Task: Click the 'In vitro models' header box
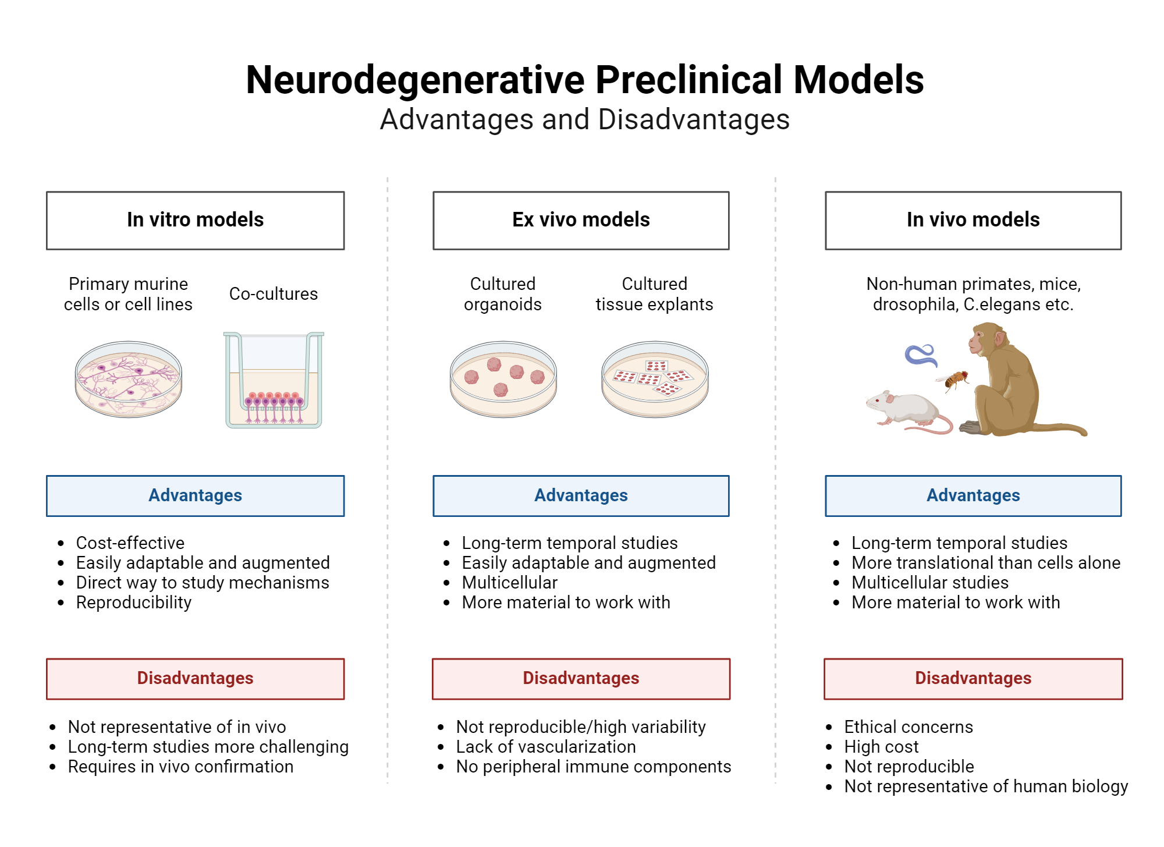(x=195, y=220)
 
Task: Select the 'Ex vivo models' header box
(x=581, y=220)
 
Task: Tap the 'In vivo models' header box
(x=973, y=220)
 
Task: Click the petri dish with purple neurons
(x=129, y=379)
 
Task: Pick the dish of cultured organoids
(x=503, y=379)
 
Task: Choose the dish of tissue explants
(x=655, y=379)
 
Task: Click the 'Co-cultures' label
(x=274, y=294)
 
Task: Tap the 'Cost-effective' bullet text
(x=130, y=543)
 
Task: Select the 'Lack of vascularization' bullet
(x=546, y=746)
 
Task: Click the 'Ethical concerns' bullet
(x=909, y=726)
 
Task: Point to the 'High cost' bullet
(x=881, y=746)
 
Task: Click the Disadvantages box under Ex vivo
(x=581, y=678)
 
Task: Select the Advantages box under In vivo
(x=973, y=495)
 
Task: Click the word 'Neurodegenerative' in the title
(x=415, y=80)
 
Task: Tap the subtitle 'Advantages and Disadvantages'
(x=584, y=119)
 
